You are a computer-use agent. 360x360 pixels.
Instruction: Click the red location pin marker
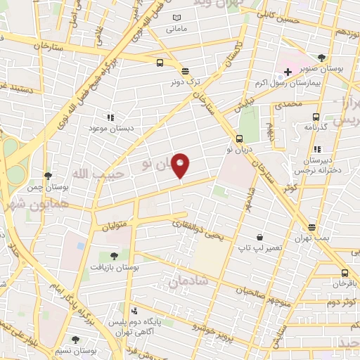point(181,165)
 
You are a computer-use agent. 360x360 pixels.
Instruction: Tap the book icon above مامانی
point(176,17)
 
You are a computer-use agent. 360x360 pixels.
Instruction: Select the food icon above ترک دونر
point(185,71)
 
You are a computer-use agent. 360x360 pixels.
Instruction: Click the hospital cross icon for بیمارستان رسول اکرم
point(288,71)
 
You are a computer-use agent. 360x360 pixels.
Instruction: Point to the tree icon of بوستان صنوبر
point(322,58)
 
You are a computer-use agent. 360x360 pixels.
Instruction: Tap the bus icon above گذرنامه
point(315,117)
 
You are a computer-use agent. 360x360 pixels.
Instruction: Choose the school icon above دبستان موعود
point(109,117)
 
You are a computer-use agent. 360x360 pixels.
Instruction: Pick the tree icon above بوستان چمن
point(47,176)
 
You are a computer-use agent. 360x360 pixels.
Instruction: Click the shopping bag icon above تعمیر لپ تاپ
point(260,238)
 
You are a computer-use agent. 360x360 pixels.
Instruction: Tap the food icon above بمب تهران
point(311,227)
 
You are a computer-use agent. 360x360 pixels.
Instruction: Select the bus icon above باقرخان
point(344,273)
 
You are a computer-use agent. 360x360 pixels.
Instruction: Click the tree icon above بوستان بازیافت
point(115,257)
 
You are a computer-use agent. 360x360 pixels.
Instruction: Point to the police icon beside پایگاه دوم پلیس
point(134,311)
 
